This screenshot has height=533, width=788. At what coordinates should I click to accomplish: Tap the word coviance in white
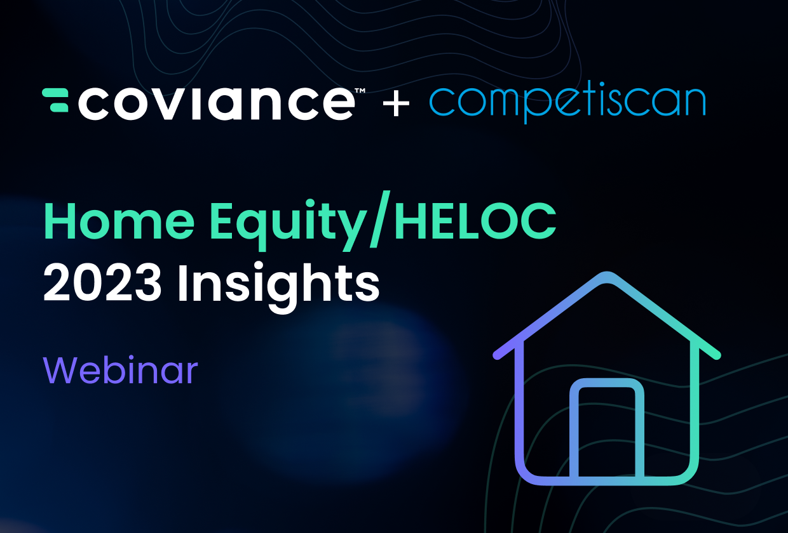coord(216,102)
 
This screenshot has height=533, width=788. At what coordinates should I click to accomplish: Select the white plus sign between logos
coord(397,103)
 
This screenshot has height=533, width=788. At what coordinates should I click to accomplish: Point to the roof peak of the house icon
coord(607,277)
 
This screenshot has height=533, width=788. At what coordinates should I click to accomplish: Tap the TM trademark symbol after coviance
coord(359,92)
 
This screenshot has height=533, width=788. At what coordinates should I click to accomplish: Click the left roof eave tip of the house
coord(498,354)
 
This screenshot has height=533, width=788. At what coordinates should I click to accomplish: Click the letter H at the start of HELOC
coord(413,221)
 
